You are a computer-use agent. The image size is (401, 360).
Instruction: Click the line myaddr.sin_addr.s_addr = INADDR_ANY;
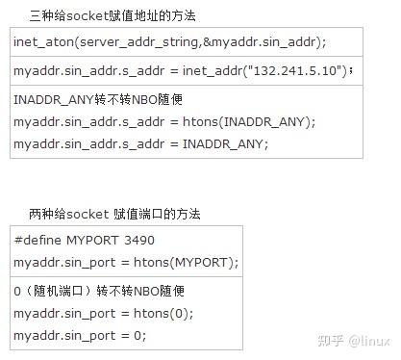pos(140,143)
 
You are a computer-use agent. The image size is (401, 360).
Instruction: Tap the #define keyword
pos(38,241)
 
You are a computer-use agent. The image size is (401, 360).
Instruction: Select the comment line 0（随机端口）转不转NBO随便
pos(98,291)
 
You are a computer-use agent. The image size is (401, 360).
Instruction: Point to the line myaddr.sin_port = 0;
pos(80,335)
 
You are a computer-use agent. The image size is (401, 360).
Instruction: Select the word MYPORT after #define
pos(92,241)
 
